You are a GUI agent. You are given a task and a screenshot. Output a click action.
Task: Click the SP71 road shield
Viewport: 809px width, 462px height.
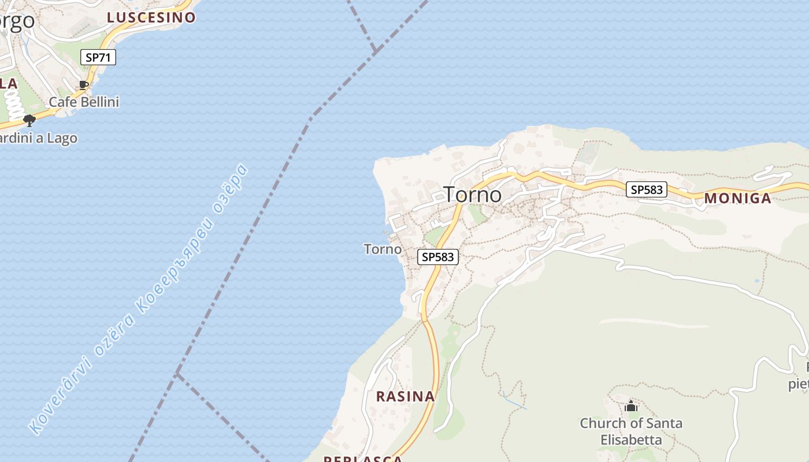pos(98,57)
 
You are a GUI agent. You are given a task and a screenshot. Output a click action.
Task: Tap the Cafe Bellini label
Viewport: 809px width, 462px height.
pos(84,102)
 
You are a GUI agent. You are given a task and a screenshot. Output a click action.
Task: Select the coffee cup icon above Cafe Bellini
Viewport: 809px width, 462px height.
pos(84,85)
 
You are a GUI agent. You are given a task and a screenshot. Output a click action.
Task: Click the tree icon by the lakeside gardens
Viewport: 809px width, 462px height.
pos(29,120)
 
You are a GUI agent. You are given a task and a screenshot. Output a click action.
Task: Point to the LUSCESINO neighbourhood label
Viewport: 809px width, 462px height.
pos(151,17)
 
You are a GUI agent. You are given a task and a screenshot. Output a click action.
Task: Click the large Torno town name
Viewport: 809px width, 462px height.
pos(472,195)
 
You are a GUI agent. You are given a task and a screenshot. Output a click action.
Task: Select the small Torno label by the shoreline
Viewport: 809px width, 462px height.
pos(383,249)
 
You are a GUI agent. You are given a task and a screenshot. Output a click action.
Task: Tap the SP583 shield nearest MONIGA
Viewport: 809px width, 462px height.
pos(647,189)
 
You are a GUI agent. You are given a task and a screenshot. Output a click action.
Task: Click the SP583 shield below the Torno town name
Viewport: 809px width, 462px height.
pos(438,257)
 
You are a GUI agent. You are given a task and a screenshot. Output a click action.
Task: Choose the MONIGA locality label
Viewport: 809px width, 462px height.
pos(737,199)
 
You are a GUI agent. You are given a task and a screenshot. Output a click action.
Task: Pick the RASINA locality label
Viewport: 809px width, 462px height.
pos(405,396)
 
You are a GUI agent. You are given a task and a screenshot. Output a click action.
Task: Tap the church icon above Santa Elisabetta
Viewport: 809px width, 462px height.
pos(630,406)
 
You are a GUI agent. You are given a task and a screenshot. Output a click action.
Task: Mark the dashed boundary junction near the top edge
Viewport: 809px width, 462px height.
pos(374,51)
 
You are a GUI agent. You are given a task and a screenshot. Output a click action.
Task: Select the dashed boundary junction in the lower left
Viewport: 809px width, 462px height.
pos(177,374)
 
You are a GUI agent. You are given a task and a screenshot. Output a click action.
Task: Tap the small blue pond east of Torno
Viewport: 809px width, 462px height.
pos(757,281)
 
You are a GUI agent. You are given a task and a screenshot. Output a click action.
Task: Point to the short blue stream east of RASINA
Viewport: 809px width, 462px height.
pos(514,401)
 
